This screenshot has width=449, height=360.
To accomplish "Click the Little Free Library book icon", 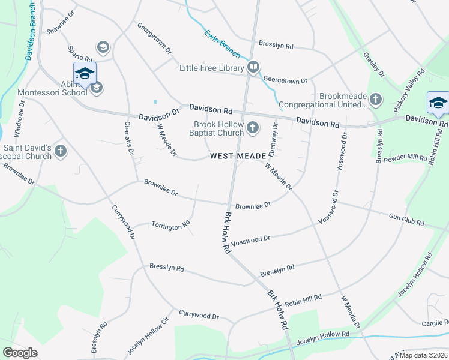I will pyautogui.click(x=253, y=67).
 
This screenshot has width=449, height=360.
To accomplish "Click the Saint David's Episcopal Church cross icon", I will pyautogui.click(x=61, y=151).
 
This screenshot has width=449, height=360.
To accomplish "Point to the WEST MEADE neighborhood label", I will pyautogui.click(x=238, y=156).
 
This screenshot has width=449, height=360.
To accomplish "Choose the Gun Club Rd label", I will pyautogui.click(x=406, y=220).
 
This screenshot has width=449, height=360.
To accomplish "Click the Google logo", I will pyautogui.click(x=20, y=352).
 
